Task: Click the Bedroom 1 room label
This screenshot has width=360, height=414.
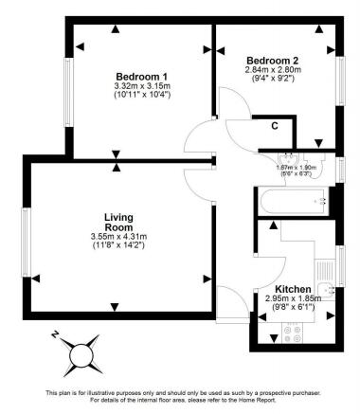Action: pos(141,77)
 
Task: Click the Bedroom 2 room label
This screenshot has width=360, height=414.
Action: pos(275,58)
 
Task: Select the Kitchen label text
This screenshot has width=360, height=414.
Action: pos(294,289)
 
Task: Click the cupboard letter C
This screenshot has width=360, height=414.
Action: pos(275,125)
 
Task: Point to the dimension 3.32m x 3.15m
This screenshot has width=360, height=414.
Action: pos(141,87)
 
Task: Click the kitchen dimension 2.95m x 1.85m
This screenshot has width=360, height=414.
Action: pos(294,299)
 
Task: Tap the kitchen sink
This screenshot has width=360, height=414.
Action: pos(327,290)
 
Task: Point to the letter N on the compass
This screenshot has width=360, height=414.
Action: pos(56,334)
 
